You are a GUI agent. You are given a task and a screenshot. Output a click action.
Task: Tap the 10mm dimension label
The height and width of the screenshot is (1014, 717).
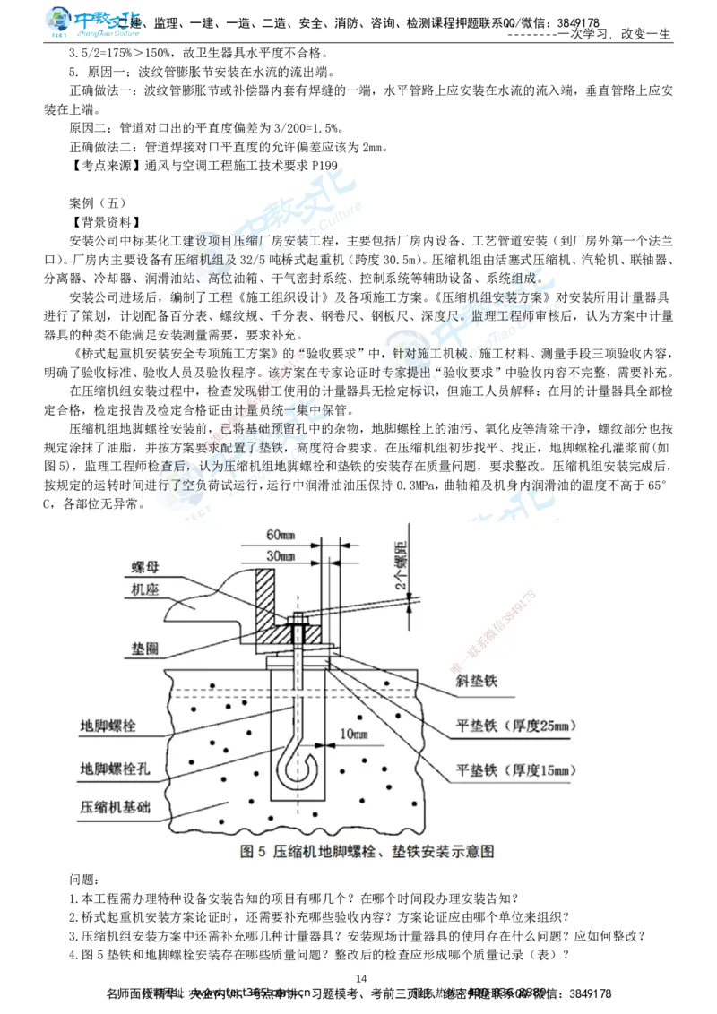click(x=354, y=735)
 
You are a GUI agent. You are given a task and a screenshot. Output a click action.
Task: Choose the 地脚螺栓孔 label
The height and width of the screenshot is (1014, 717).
click(x=115, y=769)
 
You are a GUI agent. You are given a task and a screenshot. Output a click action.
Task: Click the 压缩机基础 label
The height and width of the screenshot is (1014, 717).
click(x=115, y=806)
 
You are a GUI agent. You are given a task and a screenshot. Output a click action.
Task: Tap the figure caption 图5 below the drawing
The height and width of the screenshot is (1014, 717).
click(x=367, y=851)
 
